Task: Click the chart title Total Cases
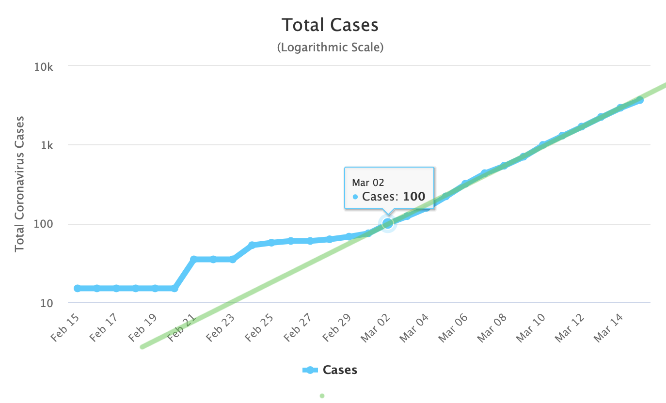(x=330, y=25)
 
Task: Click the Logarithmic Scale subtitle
(x=330, y=47)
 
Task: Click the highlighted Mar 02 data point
(x=388, y=223)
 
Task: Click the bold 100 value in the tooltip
(x=414, y=197)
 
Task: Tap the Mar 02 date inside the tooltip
(x=368, y=183)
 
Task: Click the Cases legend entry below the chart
(x=340, y=370)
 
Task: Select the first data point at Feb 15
(x=78, y=288)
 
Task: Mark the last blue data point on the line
(x=640, y=100)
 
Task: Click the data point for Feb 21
(x=194, y=260)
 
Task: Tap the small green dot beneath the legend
(x=322, y=396)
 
